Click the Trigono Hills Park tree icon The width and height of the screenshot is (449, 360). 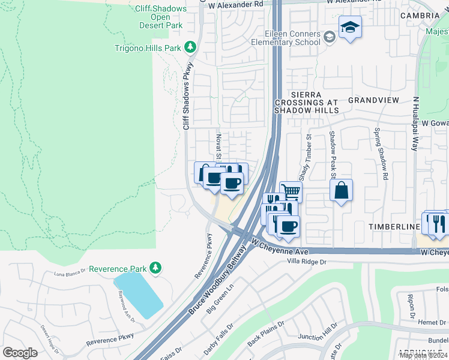tap(190, 47)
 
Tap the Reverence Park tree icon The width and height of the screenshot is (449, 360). tap(155, 268)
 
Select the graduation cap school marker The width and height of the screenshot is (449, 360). tap(350, 27)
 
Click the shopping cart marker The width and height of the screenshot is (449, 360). tap(291, 191)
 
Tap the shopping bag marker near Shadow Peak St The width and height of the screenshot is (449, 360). tap(341, 190)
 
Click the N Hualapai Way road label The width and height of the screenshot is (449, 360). tap(414, 124)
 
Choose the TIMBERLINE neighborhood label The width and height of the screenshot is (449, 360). tap(394, 227)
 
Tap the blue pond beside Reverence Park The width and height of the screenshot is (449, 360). tap(138, 294)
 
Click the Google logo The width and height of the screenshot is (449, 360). tap(20, 353)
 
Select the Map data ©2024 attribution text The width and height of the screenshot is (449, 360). tap(423, 355)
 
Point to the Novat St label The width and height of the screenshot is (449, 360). tap(219, 146)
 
